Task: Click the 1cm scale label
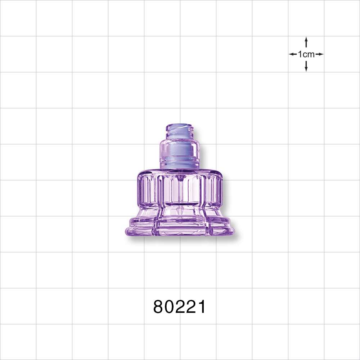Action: tap(306, 54)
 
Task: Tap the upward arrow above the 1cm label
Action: tap(306, 42)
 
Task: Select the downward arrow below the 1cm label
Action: tap(306, 66)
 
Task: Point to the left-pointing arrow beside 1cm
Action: tap(293, 54)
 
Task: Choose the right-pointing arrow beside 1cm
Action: tap(320, 54)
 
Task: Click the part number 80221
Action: tap(180, 307)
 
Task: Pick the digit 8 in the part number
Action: tap(159, 307)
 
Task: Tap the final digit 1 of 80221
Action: tap(202, 307)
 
